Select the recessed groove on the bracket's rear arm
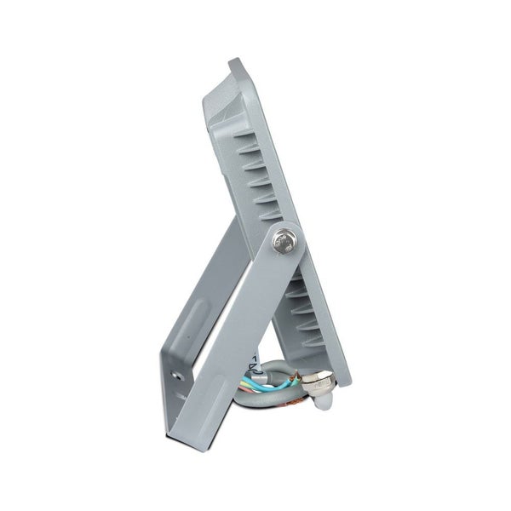click(193, 324)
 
